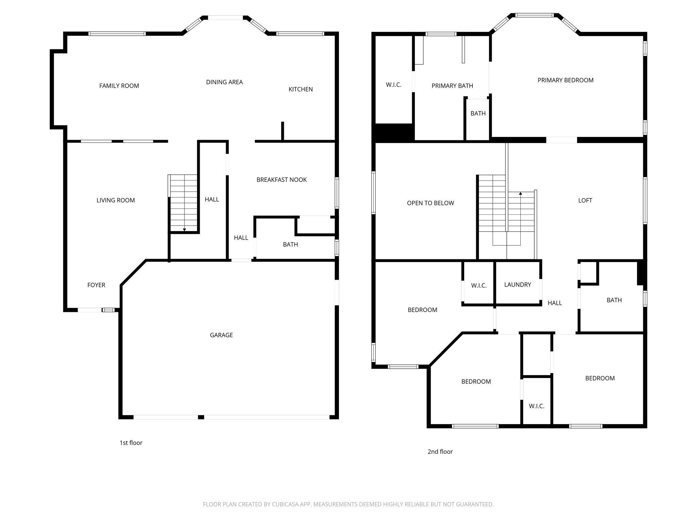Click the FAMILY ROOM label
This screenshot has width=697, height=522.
coord(119,86)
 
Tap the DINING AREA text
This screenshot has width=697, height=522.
coord(224,82)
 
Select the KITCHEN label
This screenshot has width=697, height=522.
coord(301,89)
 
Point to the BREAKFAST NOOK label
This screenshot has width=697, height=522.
coord(281,180)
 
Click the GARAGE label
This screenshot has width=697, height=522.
coord(221,335)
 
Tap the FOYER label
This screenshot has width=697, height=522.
coord(96,285)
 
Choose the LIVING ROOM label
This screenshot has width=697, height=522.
coord(116,201)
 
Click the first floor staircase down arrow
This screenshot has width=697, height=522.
coord(184,230)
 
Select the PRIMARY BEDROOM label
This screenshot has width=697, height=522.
coord(565,80)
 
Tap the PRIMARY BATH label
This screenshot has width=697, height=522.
coord(452,86)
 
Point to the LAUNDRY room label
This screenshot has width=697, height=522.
coord(517,285)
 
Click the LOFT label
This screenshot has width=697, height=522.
coord(585,201)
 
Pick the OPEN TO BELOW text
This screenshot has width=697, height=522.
coord(431,203)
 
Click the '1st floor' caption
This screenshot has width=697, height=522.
coord(131,443)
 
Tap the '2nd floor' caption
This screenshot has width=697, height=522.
coord(440,452)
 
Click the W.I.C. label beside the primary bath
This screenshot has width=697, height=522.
coord(394,85)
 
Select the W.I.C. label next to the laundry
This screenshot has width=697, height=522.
coord(479,286)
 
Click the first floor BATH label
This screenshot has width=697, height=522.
coord(290,245)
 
